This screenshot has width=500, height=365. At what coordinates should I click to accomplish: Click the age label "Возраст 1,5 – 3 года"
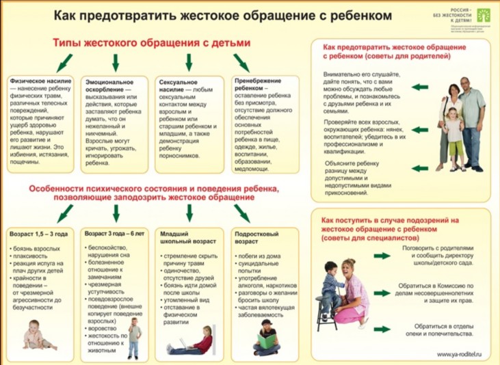38,234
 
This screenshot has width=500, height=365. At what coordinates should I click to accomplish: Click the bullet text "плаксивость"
29,255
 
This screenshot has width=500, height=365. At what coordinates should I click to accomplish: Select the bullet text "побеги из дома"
259,254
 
